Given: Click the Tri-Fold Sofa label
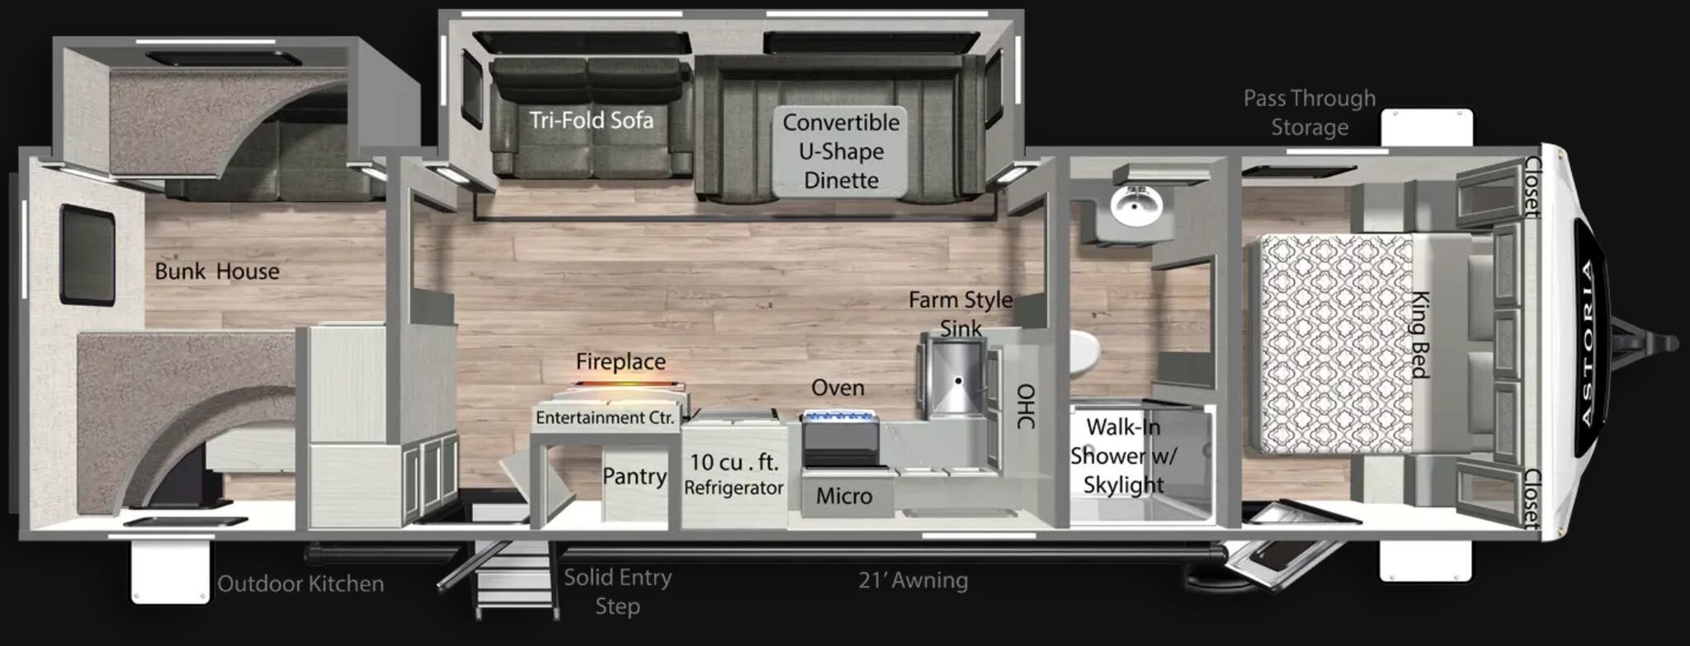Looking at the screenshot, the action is click(591, 120).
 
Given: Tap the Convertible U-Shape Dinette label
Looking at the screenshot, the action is click(841, 151).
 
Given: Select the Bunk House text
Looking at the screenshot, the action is click(217, 271).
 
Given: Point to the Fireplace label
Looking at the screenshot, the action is click(621, 361).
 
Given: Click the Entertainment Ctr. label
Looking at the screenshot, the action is click(605, 417).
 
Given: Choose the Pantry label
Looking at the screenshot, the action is click(634, 477).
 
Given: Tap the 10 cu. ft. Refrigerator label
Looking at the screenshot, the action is click(734, 474).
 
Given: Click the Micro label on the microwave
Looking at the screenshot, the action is click(843, 496).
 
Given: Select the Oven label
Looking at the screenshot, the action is click(838, 388).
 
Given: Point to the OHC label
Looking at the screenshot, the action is click(1026, 407).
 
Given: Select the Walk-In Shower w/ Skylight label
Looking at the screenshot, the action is click(1123, 455).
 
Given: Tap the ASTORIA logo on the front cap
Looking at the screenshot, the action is click(1589, 343).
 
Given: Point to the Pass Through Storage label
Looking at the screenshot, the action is click(1310, 113).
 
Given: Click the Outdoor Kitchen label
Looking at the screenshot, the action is click(300, 584).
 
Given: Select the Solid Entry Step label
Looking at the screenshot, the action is click(617, 592).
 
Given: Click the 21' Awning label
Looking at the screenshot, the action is click(913, 581).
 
